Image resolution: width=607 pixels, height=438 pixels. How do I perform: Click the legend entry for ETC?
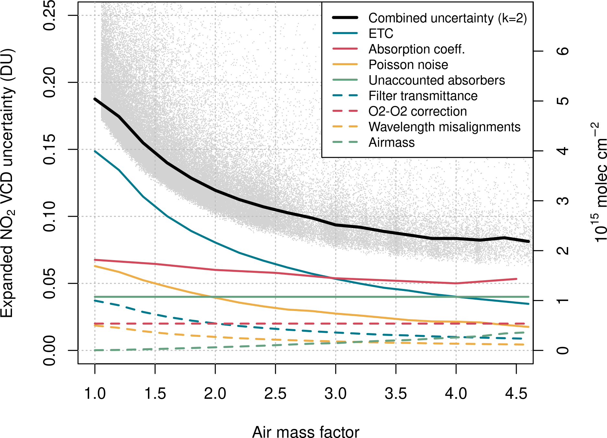[x=381, y=34]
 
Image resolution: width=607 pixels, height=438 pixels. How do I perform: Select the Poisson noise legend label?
[x=408, y=65]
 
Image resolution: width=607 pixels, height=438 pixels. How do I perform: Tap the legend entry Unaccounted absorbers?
[x=437, y=80]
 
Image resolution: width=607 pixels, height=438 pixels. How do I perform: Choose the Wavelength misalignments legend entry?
[x=444, y=127]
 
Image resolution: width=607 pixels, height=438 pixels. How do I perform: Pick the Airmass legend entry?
[x=392, y=143]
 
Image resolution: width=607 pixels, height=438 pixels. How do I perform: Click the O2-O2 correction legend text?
[x=418, y=111]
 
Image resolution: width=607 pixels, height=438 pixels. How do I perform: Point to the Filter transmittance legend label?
[x=423, y=96]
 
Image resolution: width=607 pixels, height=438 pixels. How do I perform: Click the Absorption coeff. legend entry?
[x=417, y=49]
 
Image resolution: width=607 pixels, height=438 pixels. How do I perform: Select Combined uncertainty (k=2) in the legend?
[x=448, y=18]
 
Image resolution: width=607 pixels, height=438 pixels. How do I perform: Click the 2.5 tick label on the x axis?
[x=275, y=394]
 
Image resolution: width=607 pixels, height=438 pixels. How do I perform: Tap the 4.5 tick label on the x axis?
[x=516, y=394]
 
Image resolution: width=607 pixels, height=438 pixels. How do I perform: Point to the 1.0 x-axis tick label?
[x=95, y=394]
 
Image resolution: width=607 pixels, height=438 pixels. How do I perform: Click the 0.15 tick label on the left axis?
[x=50, y=149]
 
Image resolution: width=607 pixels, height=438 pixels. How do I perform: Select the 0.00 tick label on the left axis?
[x=50, y=350]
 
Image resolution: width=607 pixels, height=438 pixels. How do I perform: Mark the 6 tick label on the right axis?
[x=563, y=51]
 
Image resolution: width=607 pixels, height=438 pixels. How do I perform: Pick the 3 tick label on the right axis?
[x=563, y=201]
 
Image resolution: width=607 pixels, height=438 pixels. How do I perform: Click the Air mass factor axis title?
[x=306, y=432]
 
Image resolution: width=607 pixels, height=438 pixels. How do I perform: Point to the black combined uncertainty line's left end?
[x=95, y=99]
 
